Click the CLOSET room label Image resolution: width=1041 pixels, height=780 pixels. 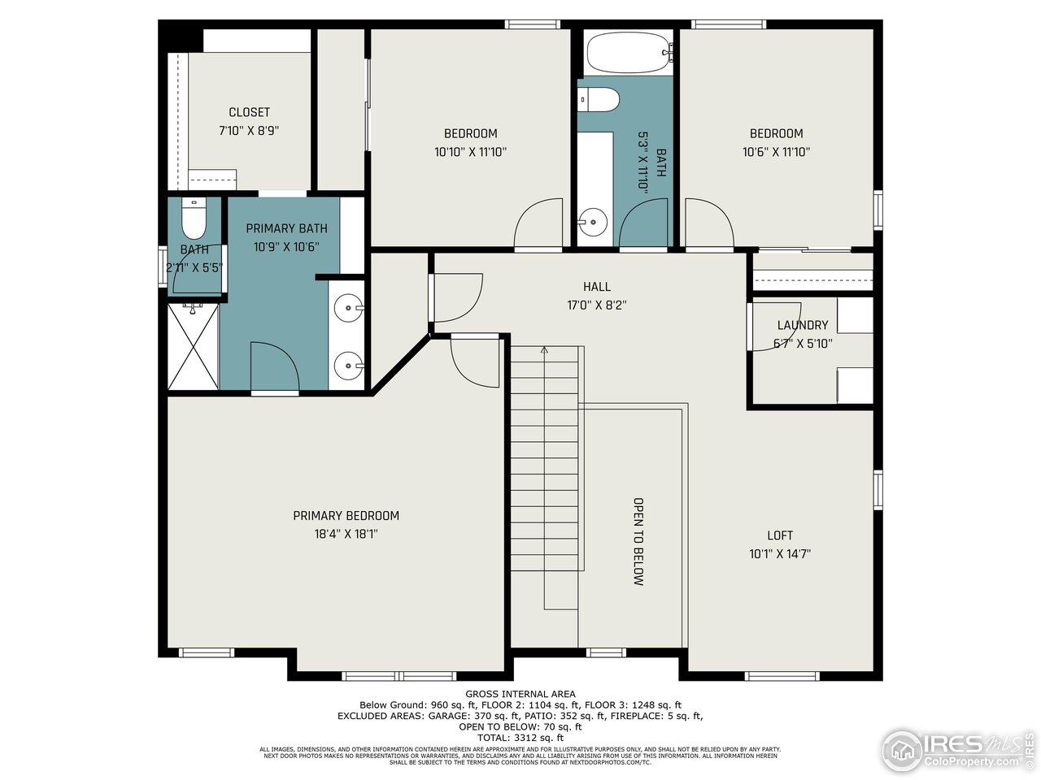click(x=249, y=112)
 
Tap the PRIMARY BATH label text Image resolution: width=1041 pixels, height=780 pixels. click(x=287, y=228)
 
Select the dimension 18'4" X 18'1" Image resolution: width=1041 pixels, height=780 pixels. click(x=346, y=534)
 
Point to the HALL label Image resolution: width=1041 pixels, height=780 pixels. click(x=596, y=287)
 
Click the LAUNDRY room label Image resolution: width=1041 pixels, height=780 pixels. click(x=802, y=325)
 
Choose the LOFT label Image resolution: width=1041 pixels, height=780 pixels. click(x=780, y=535)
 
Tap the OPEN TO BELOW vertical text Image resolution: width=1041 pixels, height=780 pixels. click(x=638, y=541)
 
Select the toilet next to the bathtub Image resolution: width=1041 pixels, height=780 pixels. click(x=599, y=100)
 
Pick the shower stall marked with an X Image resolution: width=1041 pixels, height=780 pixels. click(x=193, y=348)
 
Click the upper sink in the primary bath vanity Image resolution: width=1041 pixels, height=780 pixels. click(x=351, y=307)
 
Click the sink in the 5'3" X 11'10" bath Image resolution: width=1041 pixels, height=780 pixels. click(x=594, y=220)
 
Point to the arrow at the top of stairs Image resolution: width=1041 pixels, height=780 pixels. click(x=544, y=350)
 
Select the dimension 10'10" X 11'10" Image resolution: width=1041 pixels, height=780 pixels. click(x=470, y=151)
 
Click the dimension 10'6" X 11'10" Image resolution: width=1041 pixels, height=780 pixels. click(x=776, y=151)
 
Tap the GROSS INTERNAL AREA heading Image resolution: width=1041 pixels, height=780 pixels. click(x=520, y=694)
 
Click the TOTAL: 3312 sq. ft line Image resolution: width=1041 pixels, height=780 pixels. click(x=520, y=737)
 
